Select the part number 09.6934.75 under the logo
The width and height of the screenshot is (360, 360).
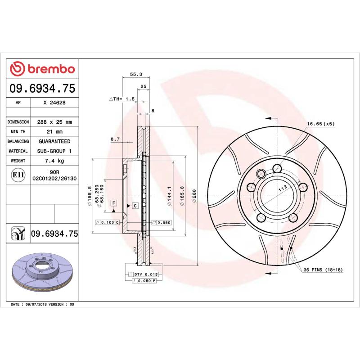coord(42,90)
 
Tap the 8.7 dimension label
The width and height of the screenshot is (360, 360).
coord(115,139)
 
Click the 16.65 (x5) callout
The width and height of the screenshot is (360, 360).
coord(321,123)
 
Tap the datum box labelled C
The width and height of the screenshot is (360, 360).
coord(135,206)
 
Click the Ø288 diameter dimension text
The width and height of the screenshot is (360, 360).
coord(194,197)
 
